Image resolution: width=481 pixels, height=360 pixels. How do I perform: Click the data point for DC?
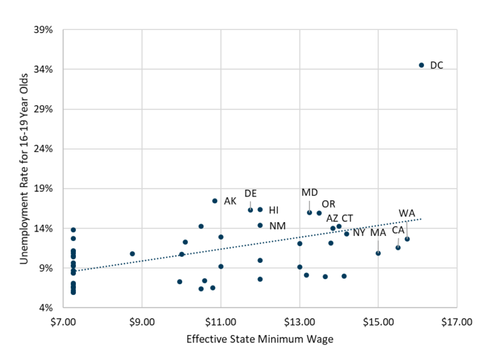click(x=422, y=65)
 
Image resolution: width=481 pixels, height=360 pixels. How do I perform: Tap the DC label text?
click(x=437, y=65)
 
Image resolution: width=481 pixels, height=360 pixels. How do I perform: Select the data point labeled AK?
click(x=215, y=201)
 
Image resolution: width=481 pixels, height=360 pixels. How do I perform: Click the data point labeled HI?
click(x=260, y=210)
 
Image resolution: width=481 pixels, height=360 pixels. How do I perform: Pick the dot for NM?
click(x=260, y=225)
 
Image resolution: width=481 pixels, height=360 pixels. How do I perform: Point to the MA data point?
click(x=378, y=253)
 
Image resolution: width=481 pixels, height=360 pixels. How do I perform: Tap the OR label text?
click(x=328, y=205)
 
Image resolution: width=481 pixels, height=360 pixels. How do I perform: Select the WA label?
click(x=407, y=213)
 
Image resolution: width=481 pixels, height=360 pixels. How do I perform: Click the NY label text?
click(x=359, y=233)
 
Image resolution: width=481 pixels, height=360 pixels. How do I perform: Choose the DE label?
click(x=251, y=193)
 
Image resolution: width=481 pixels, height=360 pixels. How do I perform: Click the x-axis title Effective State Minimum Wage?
click(x=259, y=340)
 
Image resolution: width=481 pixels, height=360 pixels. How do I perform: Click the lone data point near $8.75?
click(x=132, y=254)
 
